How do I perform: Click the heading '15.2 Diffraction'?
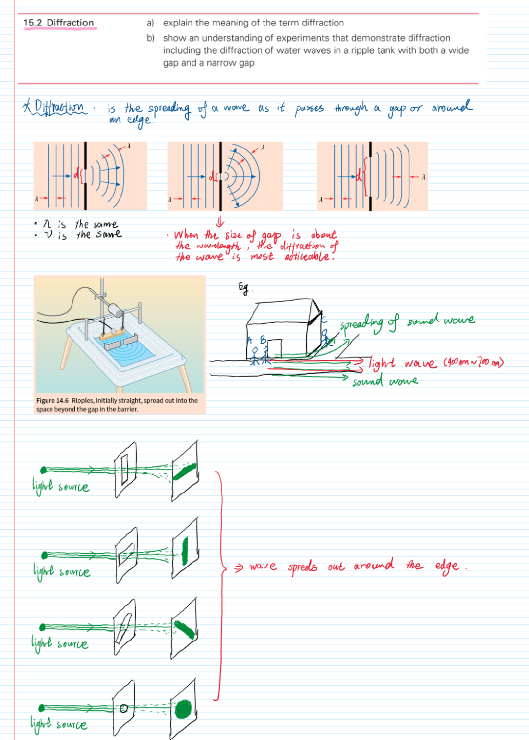59,23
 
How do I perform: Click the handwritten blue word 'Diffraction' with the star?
59,107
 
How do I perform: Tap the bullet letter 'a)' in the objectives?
150,23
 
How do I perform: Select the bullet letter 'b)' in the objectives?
150,38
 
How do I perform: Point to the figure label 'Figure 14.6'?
52,401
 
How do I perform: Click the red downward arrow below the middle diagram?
220,222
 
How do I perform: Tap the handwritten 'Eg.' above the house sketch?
243,288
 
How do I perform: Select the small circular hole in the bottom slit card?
124,708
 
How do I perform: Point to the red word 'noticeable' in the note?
309,257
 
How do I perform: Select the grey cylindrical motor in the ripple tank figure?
116,311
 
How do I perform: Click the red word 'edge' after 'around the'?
447,567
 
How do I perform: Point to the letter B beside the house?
263,340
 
